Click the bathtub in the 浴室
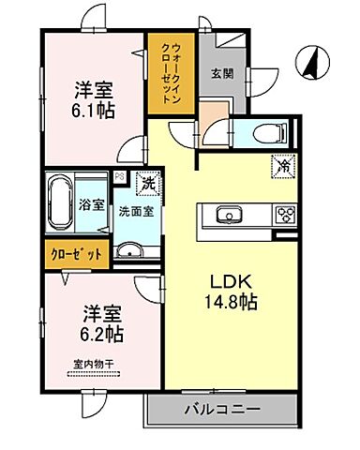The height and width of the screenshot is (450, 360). pyautogui.click(x=65, y=203)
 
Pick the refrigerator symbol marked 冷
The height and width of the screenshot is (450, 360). pyautogui.click(x=281, y=165)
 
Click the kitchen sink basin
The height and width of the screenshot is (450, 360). pyautogui.click(x=228, y=217)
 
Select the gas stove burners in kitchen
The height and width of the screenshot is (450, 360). pyautogui.click(x=283, y=217)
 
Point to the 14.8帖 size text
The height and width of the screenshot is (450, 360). pyautogui.click(x=229, y=304)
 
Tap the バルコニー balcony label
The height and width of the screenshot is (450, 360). pyautogui.click(x=222, y=408)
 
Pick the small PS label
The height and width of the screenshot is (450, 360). pyautogui.click(x=117, y=175)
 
